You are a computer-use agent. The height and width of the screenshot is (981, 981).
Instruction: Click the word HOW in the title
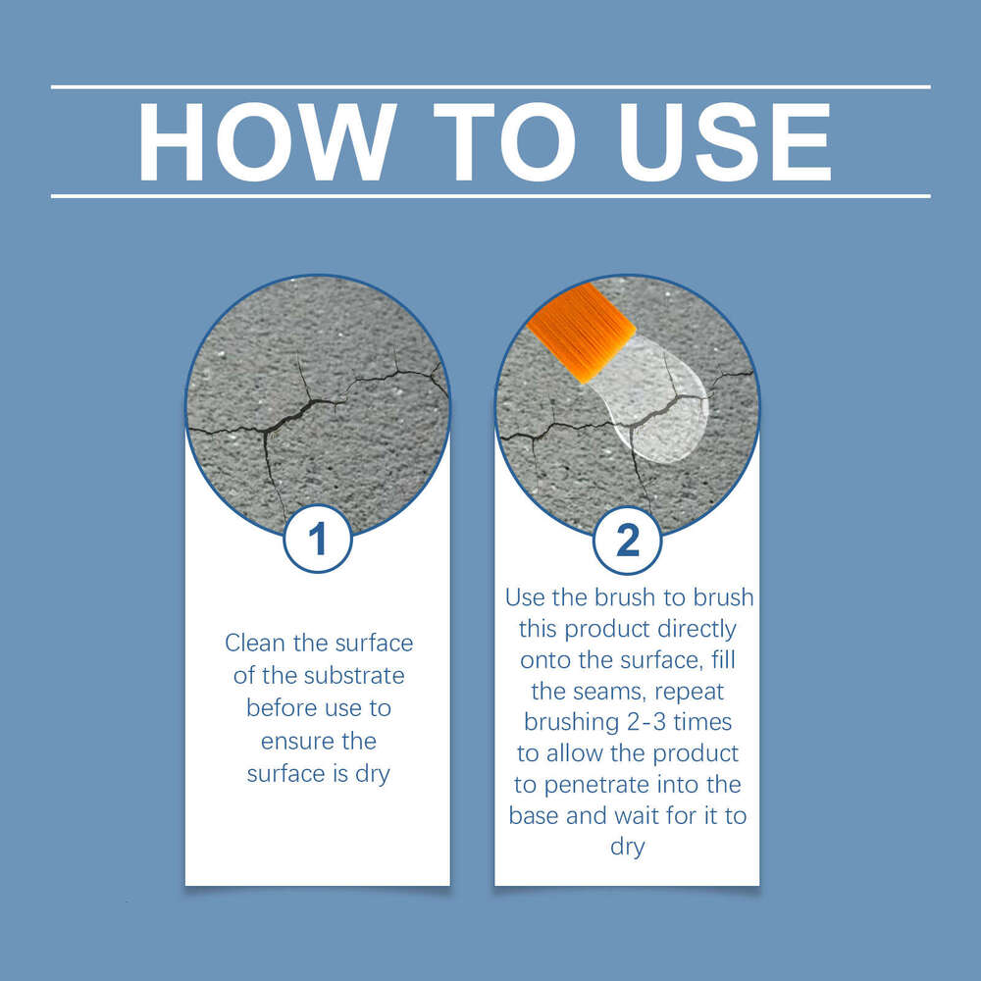point(267,142)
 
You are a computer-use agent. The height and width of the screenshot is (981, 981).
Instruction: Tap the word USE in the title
point(725,142)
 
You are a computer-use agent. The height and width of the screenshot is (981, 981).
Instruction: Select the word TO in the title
point(504,142)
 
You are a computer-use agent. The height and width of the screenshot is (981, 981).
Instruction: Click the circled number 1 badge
point(318,539)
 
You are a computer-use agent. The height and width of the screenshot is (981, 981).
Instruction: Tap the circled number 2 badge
point(627,540)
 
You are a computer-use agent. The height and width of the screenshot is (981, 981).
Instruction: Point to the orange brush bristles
point(582,332)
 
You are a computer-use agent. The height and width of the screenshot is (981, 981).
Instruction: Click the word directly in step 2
point(697,630)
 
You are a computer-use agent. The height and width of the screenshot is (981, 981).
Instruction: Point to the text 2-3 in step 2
point(646,723)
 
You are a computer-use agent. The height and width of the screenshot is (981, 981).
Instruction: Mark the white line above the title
point(490,87)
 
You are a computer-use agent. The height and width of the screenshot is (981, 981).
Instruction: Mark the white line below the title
point(490,196)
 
